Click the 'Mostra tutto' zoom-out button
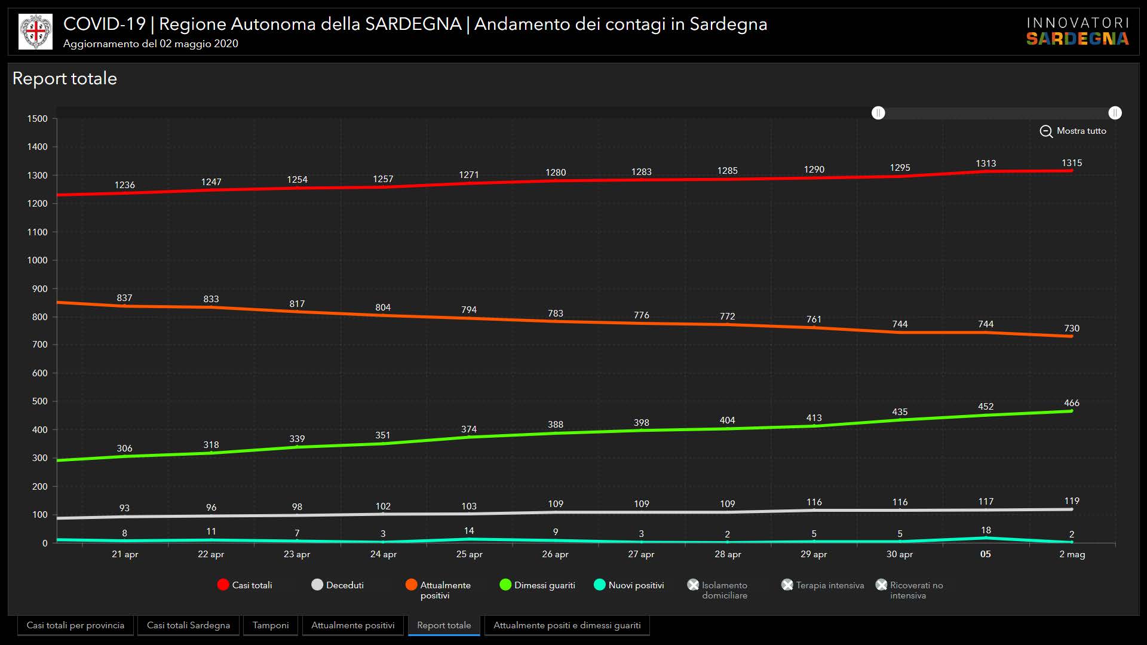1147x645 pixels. point(1073,131)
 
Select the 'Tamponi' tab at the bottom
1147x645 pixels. point(270,625)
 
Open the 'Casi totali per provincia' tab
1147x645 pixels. point(75,625)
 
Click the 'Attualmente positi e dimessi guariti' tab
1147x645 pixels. point(566,625)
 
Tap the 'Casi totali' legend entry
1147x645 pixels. point(244,585)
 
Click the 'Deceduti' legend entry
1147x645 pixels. point(338,585)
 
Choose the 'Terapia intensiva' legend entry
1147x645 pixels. point(823,585)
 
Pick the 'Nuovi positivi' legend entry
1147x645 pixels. point(629,585)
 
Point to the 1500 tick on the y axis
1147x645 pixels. point(37,119)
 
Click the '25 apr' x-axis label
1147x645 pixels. point(469,554)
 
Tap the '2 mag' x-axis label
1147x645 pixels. point(1072,554)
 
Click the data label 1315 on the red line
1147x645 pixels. point(1072,163)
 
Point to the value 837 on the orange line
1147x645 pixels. point(124,298)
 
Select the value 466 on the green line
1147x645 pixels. point(1072,403)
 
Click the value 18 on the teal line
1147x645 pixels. point(986,530)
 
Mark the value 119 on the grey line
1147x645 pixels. point(1072,501)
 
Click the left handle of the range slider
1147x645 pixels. point(878,113)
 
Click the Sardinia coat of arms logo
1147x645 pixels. point(36,32)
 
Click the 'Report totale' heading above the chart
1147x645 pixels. point(65,78)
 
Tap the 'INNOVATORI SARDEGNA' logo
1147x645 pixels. point(1077,32)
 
